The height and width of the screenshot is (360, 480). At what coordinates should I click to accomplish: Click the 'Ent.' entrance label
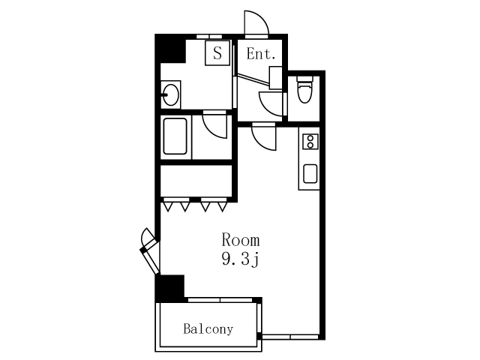pyautogui.click(x=261, y=54)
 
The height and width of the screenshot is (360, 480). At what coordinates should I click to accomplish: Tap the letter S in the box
pyautogui.click(x=217, y=53)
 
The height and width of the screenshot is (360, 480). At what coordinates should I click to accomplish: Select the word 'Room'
pyautogui.click(x=241, y=240)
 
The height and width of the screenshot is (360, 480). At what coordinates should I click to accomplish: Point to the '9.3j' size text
pyautogui.click(x=241, y=260)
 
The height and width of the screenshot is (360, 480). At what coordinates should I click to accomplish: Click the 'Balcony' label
pyautogui.click(x=208, y=329)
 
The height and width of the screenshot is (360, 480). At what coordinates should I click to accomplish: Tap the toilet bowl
pyautogui.click(x=305, y=91)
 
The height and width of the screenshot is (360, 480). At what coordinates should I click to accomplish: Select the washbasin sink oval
pyautogui.click(x=171, y=94)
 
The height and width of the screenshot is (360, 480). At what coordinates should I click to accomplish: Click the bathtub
pyautogui.click(x=175, y=136)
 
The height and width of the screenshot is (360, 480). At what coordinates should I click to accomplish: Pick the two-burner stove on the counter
pyautogui.click(x=310, y=142)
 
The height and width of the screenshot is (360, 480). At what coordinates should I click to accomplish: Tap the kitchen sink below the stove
pyautogui.click(x=310, y=173)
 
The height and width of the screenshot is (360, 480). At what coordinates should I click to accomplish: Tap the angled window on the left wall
pyautogui.click(x=150, y=251)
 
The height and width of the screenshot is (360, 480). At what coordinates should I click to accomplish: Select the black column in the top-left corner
pyautogui.click(x=170, y=49)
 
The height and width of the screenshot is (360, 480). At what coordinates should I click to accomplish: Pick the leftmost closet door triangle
pyautogui.click(x=168, y=207)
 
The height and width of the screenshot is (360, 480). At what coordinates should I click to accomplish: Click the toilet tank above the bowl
pyautogui.click(x=305, y=79)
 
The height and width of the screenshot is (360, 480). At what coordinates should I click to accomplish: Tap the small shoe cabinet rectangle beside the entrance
pyautogui.click(x=275, y=78)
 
